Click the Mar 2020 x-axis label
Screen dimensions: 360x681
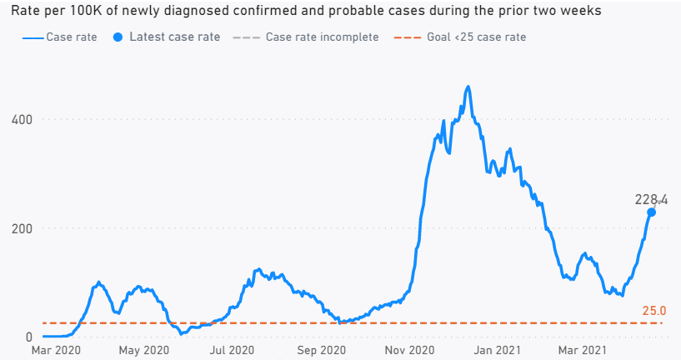[x=56, y=351]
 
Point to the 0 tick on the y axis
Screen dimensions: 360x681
[x=29, y=337]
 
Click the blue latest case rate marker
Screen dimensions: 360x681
[x=651, y=212]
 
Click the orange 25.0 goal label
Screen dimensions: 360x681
[x=654, y=311]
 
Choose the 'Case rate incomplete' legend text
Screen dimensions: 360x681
[x=322, y=37]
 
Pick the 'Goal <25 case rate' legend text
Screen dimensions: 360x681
[x=478, y=37]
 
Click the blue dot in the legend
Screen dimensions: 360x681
[x=118, y=37]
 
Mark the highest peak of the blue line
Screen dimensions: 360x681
[x=468, y=87]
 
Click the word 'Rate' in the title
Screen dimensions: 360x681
[x=26, y=12]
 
